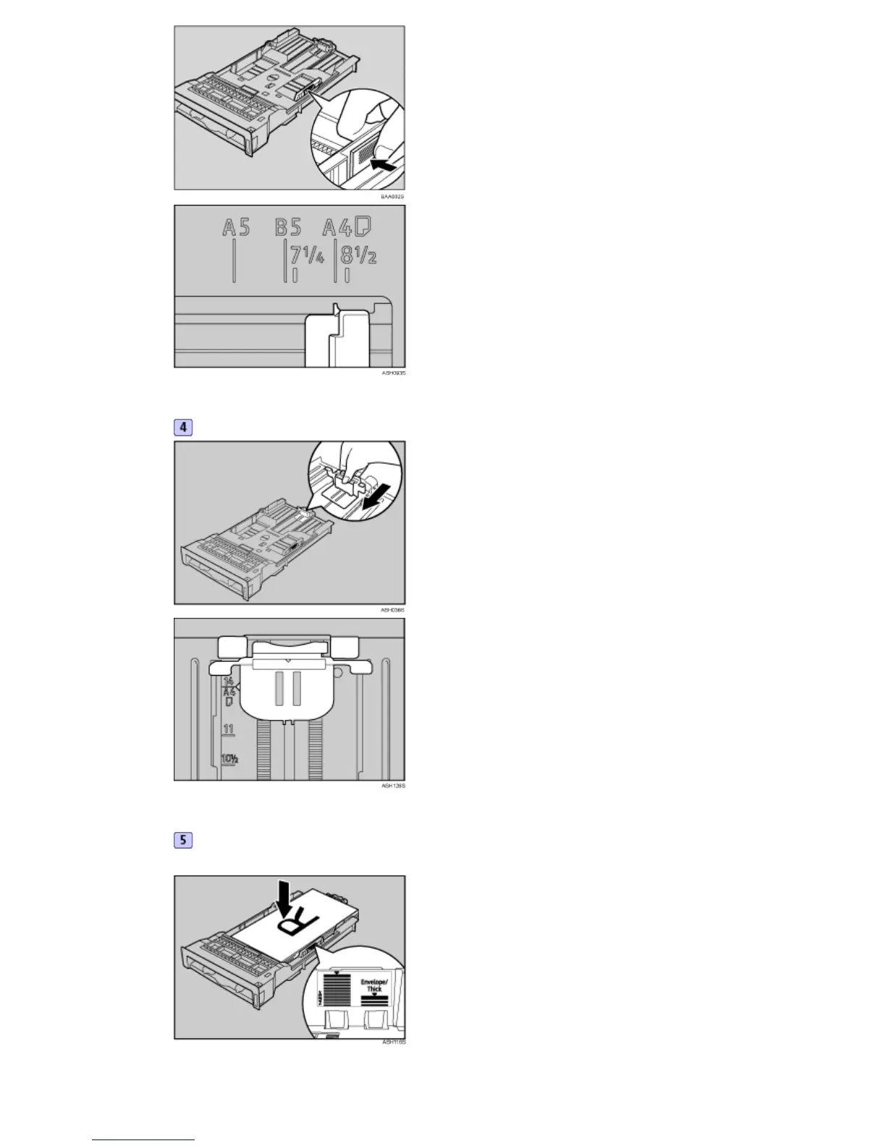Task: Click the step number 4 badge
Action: [x=183, y=427]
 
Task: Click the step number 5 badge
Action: [x=183, y=840]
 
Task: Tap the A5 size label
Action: [x=236, y=228]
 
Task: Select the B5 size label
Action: [x=288, y=228]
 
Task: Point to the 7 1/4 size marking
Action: [x=307, y=255]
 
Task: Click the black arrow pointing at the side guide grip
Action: [x=382, y=166]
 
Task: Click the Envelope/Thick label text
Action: [x=374, y=985]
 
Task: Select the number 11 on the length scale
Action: [x=229, y=729]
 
